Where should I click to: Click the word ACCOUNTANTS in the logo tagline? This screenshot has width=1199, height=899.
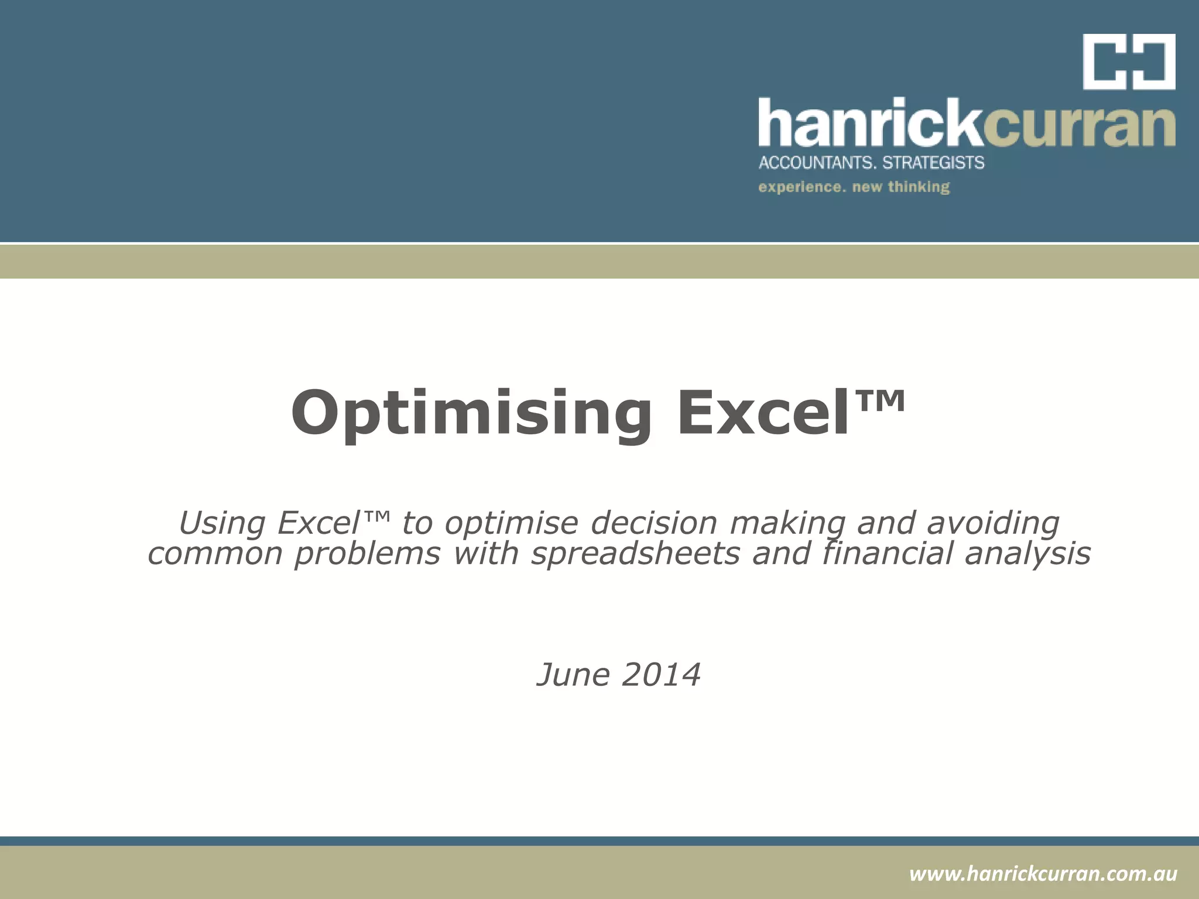816,162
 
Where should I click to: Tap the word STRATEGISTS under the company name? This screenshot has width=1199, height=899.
933,162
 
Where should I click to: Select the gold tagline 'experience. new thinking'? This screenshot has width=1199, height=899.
854,187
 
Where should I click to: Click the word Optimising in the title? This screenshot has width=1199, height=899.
471,414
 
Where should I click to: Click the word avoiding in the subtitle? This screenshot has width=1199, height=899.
993,523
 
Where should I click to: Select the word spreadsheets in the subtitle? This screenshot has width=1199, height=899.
636,554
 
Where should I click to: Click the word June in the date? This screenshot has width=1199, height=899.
574,675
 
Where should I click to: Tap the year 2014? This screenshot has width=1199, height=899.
662,675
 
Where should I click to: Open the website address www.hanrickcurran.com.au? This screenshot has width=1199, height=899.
1043,874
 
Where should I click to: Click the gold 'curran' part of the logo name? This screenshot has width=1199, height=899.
1078,126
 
